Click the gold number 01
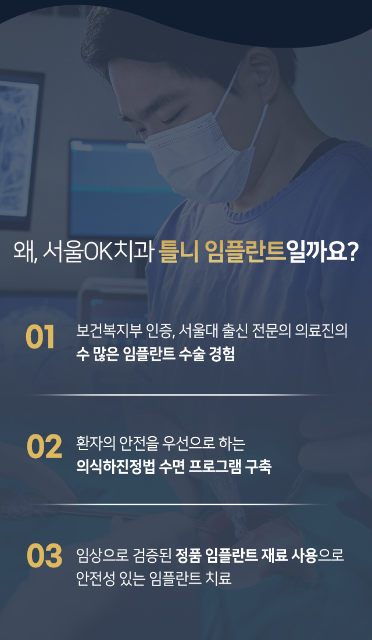click(40, 338)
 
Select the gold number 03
click(44, 556)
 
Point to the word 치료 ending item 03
click(220, 578)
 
